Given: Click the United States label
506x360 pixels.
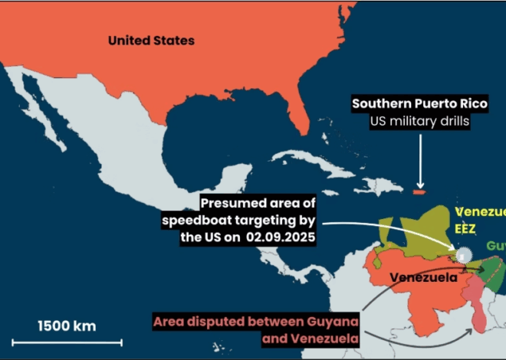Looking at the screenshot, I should (x=151, y=41).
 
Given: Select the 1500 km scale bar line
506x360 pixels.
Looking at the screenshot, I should (x=80, y=341).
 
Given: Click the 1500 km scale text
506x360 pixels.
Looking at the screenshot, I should (x=67, y=326).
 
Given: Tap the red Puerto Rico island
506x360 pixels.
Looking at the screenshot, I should (x=419, y=188).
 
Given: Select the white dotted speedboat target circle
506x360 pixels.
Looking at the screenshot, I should (x=463, y=255).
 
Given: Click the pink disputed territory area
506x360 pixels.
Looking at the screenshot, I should (x=477, y=306).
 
